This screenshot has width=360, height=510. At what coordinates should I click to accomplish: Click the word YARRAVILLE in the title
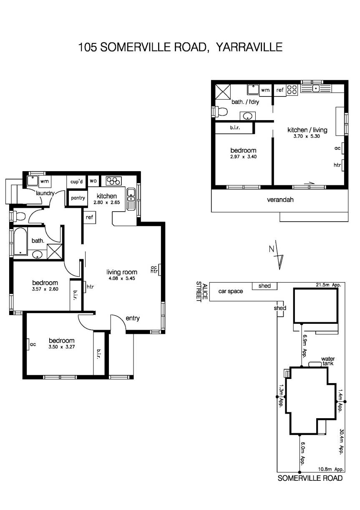tap(249, 47)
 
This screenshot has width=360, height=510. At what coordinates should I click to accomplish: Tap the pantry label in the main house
tap(78, 198)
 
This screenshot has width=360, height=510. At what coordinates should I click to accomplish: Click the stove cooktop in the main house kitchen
tap(113, 181)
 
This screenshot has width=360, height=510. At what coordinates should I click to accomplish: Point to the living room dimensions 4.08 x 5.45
tap(121, 278)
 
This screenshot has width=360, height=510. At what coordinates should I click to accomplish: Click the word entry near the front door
tap(133, 318)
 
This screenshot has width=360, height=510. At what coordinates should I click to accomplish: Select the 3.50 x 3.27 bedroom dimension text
tap(62, 346)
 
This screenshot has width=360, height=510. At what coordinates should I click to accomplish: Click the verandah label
tap(280, 199)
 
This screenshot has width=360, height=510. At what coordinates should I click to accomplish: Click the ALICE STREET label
tap(202, 292)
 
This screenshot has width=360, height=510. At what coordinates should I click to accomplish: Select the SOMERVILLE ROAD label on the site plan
tap(310, 478)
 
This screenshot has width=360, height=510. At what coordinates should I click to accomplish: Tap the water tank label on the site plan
tap(328, 361)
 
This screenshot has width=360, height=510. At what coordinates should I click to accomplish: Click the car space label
tap(231, 291)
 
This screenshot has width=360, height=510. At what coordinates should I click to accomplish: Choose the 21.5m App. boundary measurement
tap(329, 285)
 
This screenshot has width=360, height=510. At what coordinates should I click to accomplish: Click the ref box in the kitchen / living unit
tap(280, 90)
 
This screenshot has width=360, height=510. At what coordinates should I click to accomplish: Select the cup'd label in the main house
tap(76, 182)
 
